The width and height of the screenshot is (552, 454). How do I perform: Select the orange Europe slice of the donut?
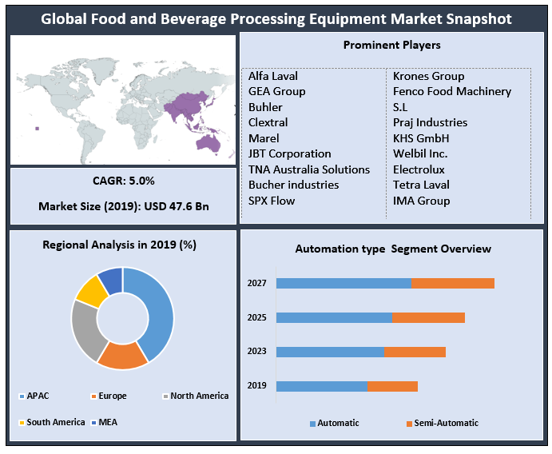point(122,355)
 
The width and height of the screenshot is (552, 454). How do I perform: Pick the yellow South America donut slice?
point(92,290)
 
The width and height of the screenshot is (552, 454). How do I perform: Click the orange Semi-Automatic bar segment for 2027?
point(453,283)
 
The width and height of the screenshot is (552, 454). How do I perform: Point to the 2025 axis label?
point(256,317)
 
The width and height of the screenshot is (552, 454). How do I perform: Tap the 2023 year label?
point(256,352)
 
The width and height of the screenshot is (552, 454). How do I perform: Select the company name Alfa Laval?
point(273,76)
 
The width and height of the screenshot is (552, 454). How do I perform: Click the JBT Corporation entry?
point(289,153)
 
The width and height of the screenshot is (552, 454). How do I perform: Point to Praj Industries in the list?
point(430,122)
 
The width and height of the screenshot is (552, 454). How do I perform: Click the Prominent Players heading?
point(391,46)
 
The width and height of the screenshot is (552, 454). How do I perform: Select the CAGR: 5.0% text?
point(124,181)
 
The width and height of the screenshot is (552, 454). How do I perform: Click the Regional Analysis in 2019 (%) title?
point(119,245)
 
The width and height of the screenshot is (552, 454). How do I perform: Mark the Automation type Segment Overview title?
point(393,249)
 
